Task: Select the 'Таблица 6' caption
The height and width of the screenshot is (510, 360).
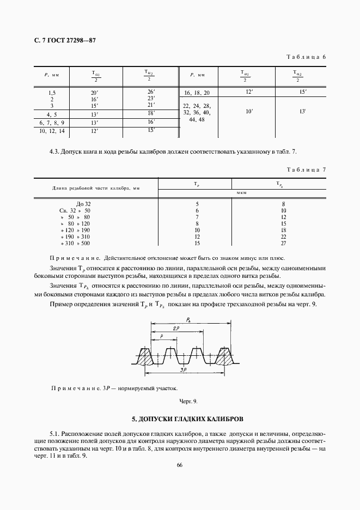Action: point(306,57)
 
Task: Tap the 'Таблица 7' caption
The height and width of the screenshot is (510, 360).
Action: point(306,169)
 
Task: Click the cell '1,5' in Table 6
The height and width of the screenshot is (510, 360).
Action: point(52,93)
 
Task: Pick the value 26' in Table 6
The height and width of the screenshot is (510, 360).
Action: point(151,92)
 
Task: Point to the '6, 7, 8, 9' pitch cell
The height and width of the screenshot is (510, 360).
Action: point(52,123)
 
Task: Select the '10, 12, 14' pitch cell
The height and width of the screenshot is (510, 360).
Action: point(52,131)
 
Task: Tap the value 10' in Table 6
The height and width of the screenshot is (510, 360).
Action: point(249,111)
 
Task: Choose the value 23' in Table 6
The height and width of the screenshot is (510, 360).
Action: point(151,98)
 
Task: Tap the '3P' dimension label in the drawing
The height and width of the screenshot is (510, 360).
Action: point(185,371)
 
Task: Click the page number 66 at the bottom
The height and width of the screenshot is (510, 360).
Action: point(179,465)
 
